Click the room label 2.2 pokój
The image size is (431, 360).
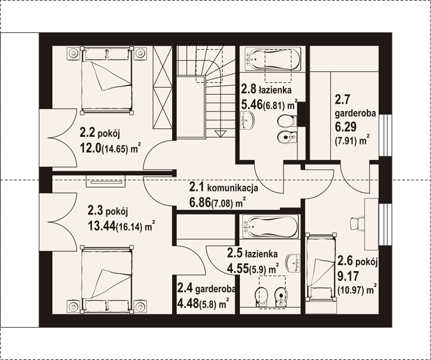click(x=100, y=133)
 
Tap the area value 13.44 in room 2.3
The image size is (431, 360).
click(x=101, y=226)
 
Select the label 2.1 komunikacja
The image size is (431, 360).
click(x=224, y=188)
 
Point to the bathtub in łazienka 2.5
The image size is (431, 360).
click(x=270, y=227)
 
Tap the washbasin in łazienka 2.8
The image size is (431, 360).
click(x=247, y=120)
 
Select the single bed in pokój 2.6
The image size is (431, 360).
click(x=321, y=267)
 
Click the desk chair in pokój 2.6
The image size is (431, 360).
click(x=357, y=223)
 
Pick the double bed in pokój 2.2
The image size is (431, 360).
click(x=107, y=80)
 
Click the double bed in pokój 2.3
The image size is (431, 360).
click(x=107, y=279)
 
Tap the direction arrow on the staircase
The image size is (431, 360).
click(x=219, y=133)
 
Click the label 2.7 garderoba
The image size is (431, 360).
click(x=355, y=106)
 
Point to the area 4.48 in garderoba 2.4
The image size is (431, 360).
click(x=188, y=303)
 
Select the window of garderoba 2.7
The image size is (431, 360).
click(x=385, y=135)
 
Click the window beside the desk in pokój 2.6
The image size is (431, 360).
click(x=385, y=224)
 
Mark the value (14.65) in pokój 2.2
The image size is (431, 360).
click(x=115, y=149)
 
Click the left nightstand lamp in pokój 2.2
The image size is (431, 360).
click(x=73, y=53)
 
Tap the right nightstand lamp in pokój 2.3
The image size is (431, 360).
click(x=140, y=307)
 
